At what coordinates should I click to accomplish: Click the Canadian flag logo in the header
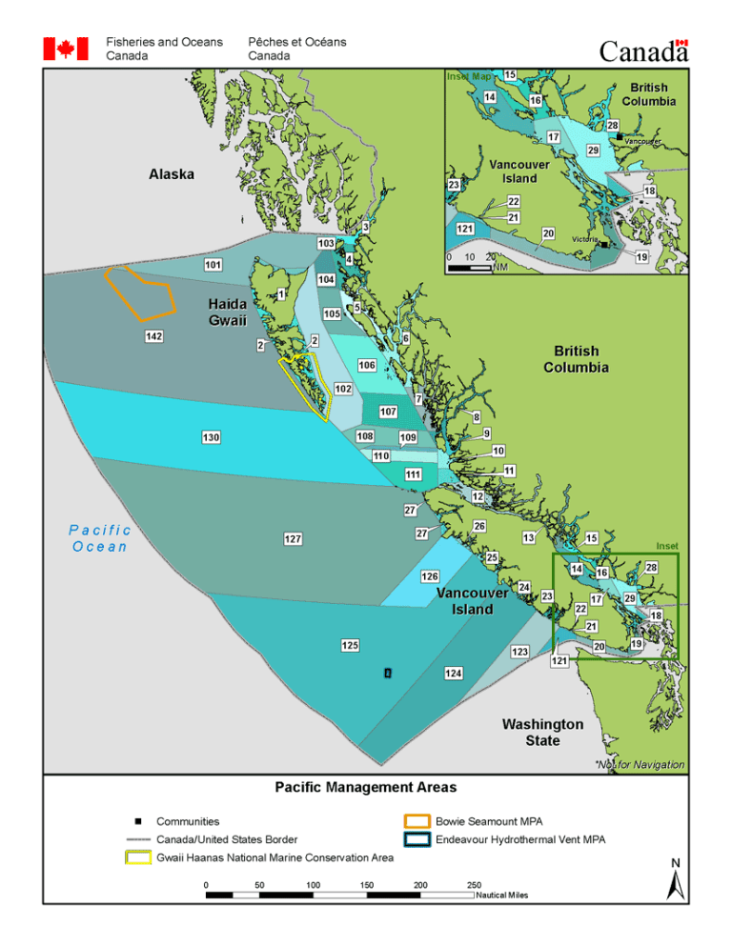tap(66, 49)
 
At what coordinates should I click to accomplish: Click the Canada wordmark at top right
tap(642, 51)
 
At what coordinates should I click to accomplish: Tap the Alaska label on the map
tap(172, 174)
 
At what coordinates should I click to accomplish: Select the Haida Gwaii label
tap(229, 312)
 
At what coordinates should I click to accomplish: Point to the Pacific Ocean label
tap(101, 538)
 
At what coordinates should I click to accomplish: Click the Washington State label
tap(542, 733)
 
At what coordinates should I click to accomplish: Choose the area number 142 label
tap(153, 337)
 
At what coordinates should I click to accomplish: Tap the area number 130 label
tap(212, 436)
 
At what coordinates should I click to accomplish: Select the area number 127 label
tap(293, 539)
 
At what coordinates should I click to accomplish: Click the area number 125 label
tap(350, 646)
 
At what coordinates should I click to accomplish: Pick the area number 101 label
tap(213, 264)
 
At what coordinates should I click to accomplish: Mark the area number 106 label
tap(366, 365)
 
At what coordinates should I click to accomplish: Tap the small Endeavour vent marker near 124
tap(387, 673)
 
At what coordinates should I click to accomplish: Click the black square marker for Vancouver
tap(620, 138)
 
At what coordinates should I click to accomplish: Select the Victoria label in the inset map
tap(584, 238)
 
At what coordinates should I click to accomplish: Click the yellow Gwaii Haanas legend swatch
tap(139, 857)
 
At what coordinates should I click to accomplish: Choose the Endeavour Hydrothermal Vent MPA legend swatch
tap(417, 839)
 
